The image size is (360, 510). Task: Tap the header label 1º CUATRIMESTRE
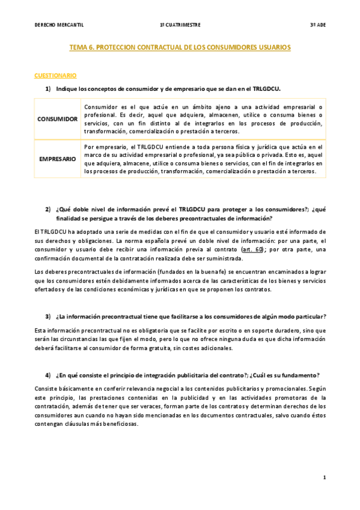point(180,25)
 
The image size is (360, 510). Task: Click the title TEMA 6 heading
point(180,46)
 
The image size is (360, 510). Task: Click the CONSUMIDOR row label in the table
point(58,119)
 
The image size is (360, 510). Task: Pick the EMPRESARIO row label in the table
point(58,159)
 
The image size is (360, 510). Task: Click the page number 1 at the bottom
point(324,477)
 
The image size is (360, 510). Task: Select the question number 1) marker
point(48,88)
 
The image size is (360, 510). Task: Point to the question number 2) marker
point(48,209)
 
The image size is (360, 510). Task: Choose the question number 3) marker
point(48,316)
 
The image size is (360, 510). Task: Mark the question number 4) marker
point(48,375)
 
